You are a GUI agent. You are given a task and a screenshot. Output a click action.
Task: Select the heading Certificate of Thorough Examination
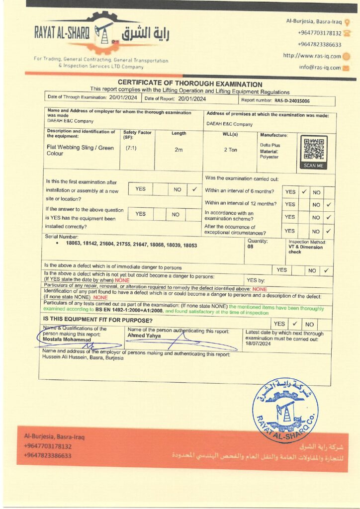pyautogui.click(x=190, y=84)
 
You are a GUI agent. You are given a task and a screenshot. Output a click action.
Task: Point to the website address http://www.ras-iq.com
pyautogui.click(x=312, y=56)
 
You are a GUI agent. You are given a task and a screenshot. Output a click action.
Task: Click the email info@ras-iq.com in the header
pyautogui.click(x=320, y=68)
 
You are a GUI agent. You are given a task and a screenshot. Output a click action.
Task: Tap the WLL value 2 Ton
pyautogui.click(x=230, y=150)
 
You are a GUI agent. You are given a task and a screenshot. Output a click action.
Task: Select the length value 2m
pyautogui.click(x=179, y=150)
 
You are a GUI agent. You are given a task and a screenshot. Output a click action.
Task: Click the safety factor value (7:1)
pyautogui.click(x=131, y=148)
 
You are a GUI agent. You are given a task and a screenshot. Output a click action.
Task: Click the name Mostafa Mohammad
pyautogui.click(x=64, y=339)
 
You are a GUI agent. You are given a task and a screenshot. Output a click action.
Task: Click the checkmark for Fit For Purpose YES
pyautogui.click(x=294, y=324)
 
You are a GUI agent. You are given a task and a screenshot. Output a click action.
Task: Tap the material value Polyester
pyautogui.click(x=269, y=157)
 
